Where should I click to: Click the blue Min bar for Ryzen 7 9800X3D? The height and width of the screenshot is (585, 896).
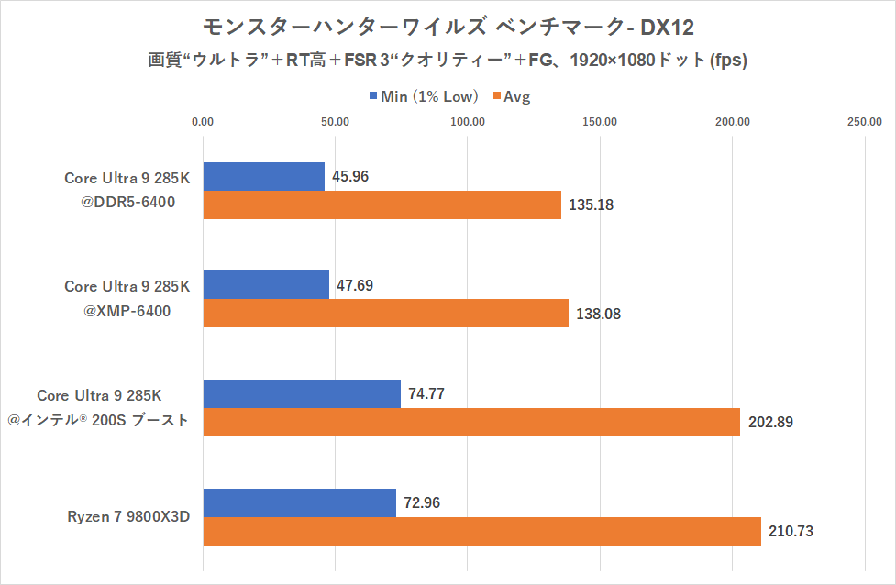(x=299, y=502)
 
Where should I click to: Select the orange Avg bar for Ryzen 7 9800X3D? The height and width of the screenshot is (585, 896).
(x=481, y=531)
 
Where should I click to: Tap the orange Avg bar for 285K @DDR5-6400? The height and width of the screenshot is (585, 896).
(x=382, y=204)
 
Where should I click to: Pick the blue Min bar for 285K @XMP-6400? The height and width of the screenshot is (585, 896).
(x=266, y=285)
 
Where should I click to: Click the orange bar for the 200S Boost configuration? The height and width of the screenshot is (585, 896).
(x=471, y=423)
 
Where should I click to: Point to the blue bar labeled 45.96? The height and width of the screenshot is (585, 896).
(x=263, y=176)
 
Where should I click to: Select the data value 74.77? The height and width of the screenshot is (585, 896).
(x=427, y=394)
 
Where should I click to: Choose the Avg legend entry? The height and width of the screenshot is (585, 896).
(x=514, y=96)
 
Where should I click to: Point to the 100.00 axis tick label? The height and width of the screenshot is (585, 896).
(x=468, y=122)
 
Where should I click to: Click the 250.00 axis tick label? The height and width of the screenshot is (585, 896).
(x=865, y=122)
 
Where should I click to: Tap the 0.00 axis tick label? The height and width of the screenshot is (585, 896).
(x=203, y=122)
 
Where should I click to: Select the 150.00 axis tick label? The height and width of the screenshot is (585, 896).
(x=601, y=122)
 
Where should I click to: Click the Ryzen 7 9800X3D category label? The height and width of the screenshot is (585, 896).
(x=127, y=516)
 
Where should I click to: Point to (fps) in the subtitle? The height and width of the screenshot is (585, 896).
(x=728, y=61)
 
